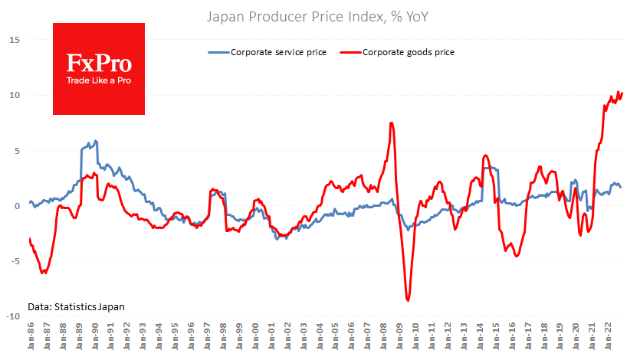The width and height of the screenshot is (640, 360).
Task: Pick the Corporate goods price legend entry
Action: pyautogui.click(x=409, y=52)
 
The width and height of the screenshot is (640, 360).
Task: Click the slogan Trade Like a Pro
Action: pyautogui.click(x=98, y=80)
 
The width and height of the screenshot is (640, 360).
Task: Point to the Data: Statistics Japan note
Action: pyautogui.click(x=76, y=306)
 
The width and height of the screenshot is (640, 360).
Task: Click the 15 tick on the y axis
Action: pyautogui.click(x=15, y=40)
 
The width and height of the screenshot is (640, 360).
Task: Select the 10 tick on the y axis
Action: pyautogui.click(x=15, y=95)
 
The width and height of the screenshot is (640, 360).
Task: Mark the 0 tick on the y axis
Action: pyautogui.click(x=17, y=206)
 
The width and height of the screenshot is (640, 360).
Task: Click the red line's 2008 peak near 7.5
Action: pyautogui.click(x=392, y=123)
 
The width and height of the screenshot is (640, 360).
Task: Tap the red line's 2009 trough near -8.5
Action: pyautogui.click(x=408, y=300)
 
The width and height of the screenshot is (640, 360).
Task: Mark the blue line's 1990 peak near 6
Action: pyautogui.click(x=96, y=141)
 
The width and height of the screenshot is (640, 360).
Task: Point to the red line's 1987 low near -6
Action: pyautogui.click(x=44, y=273)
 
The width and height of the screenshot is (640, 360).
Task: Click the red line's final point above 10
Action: pyautogui.click(x=622, y=93)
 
